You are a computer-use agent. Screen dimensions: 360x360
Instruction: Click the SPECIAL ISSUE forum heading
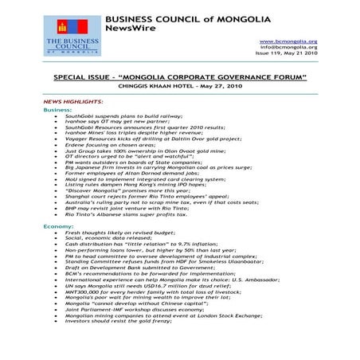[179, 78]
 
